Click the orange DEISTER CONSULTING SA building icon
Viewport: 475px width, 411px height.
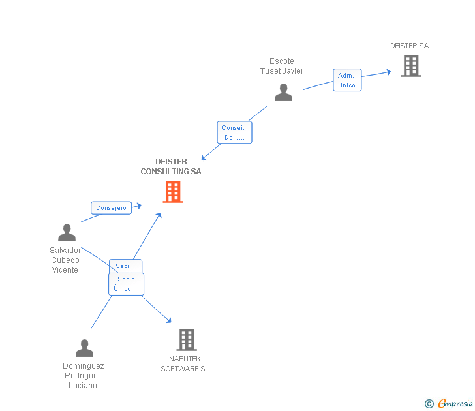(173, 192)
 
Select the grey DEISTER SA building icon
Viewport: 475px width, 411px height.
(411, 66)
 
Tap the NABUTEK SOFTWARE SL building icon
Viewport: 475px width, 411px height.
(187, 340)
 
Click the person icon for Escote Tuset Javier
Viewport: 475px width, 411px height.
(284, 93)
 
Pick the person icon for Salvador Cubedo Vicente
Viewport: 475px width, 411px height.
(67, 233)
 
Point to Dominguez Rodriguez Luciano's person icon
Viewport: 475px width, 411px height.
(85, 348)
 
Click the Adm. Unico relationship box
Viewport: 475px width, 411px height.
(347, 80)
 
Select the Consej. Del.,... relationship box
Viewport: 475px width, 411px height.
(234, 132)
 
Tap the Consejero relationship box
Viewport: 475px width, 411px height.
(111, 207)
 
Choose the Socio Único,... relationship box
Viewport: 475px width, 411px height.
(127, 284)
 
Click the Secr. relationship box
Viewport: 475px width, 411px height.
(125, 266)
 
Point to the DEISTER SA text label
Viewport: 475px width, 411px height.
(410, 46)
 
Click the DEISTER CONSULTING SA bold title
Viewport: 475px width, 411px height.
(171, 166)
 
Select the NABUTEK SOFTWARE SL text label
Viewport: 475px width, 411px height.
(185, 364)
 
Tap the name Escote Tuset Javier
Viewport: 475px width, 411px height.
(282, 66)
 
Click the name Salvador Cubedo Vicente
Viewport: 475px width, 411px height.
(65, 260)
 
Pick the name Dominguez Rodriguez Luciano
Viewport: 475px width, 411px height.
(83, 376)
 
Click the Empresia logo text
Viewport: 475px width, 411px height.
(455, 403)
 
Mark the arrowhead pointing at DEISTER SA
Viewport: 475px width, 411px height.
(389, 72)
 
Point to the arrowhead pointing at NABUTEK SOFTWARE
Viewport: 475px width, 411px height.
(169, 320)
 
